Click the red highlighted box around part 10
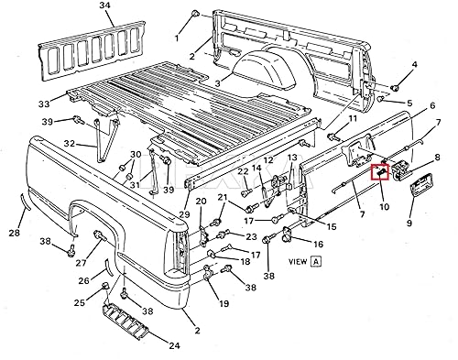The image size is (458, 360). pyautogui.click(x=379, y=172)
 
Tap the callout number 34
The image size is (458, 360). pyautogui.click(x=104, y=7)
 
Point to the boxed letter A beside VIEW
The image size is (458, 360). pyautogui.click(x=315, y=260)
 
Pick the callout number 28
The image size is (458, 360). pyautogui.click(x=13, y=234)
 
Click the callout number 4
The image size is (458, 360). pyautogui.click(x=414, y=65)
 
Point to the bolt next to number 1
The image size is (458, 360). pyautogui.click(x=196, y=16)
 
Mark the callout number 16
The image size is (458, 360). pyautogui.click(x=318, y=245)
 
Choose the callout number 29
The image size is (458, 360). pyautogui.click(x=184, y=214)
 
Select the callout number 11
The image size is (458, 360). pyautogui.click(x=353, y=119)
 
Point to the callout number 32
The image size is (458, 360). pyautogui.click(x=70, y=143)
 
